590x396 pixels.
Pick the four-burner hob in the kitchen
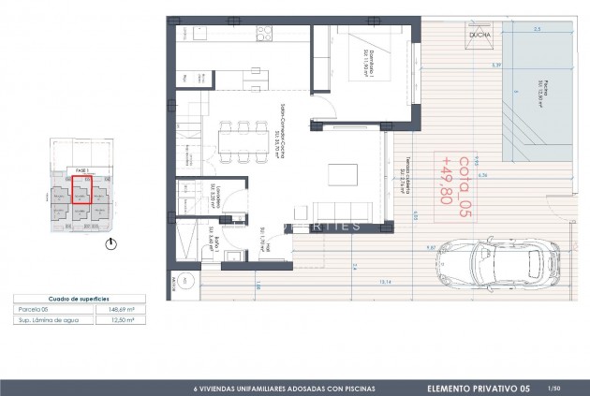(265, 36)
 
